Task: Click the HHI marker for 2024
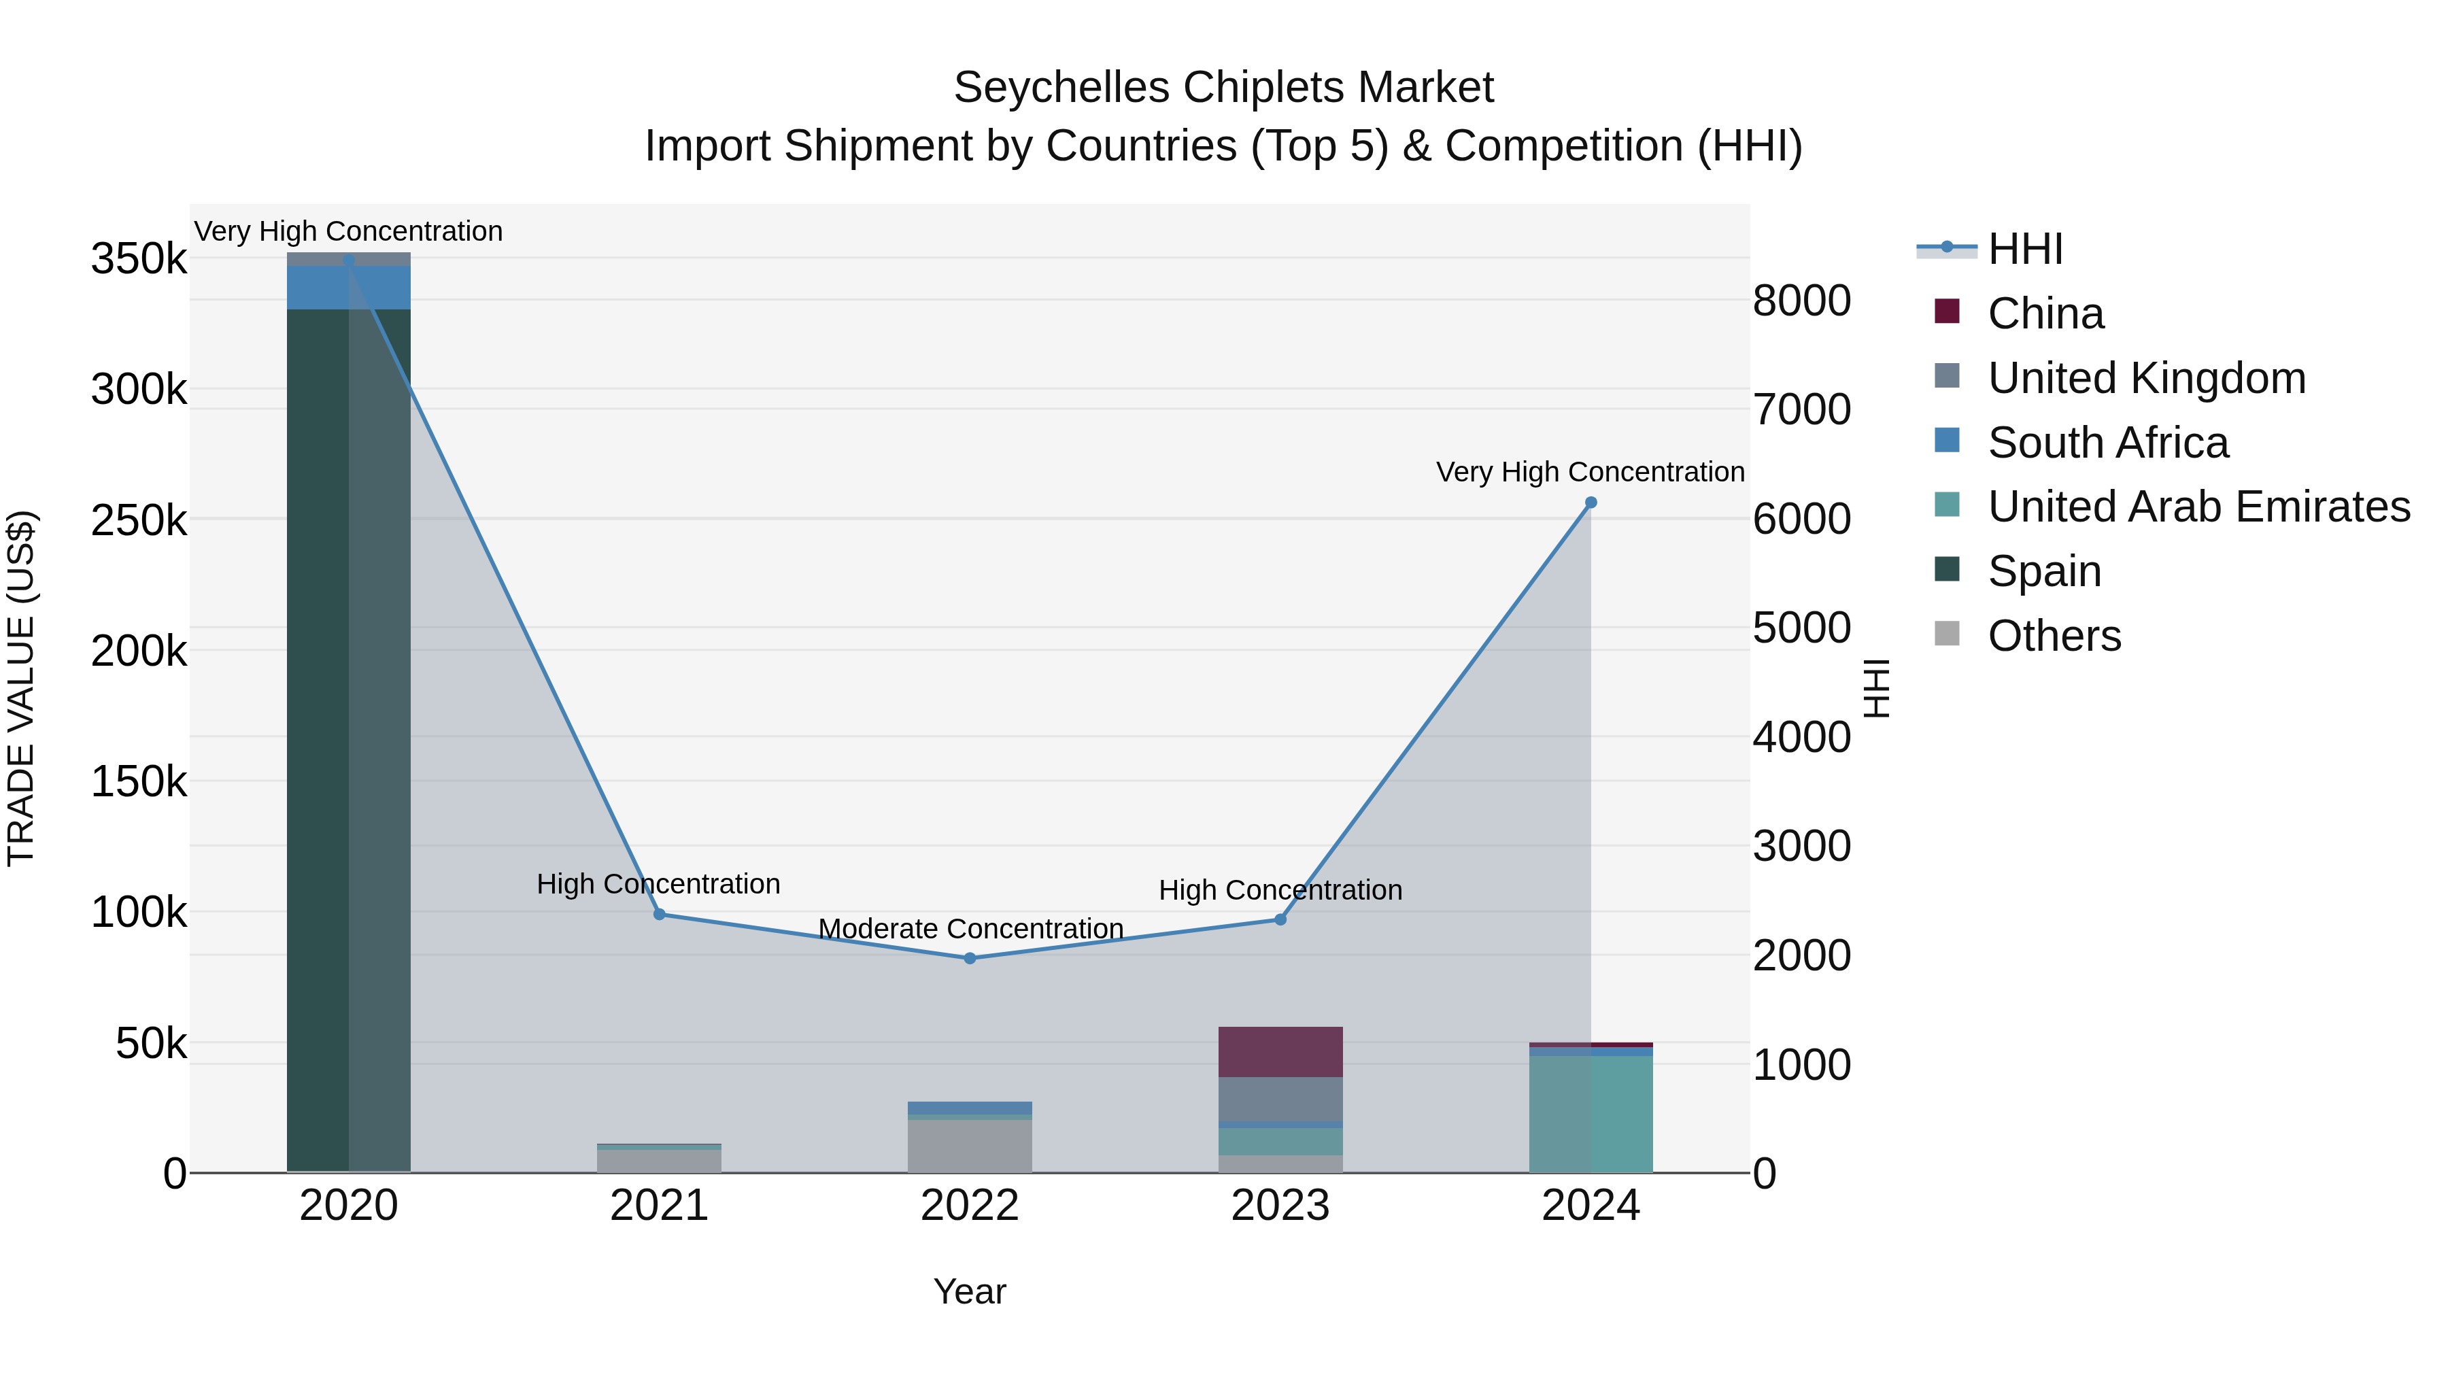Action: pyautogui.click(x=1591, y=503)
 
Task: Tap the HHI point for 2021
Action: pyautogui.click(x=660, y=914)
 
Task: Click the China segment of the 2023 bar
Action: pyautogui.click(x=1280, y=1051)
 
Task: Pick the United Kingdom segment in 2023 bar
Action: pyautogui.click(x=1280, y=1100)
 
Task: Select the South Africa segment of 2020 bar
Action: pyautogui.click(x=349, y=287)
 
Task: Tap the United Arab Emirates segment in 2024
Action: pyautogui.click(x=1591, y=1114)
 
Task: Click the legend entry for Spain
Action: pyautogui.click(x=2043, y=571)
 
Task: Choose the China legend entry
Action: pyautogui.click(x=2045, y=313)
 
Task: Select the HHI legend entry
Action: pyautogui.click(x=2024, y=249)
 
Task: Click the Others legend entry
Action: pyautogui.click(x=2054, y=636)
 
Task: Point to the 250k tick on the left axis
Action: pyautogui.click(x=139, y=520)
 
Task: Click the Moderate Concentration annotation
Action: pyautogui.click(x=970, y=928)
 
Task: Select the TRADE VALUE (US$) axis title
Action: pyautogui.click(x=21, y=688)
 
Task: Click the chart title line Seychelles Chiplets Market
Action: pyautogui.click(x=1223, y=88)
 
